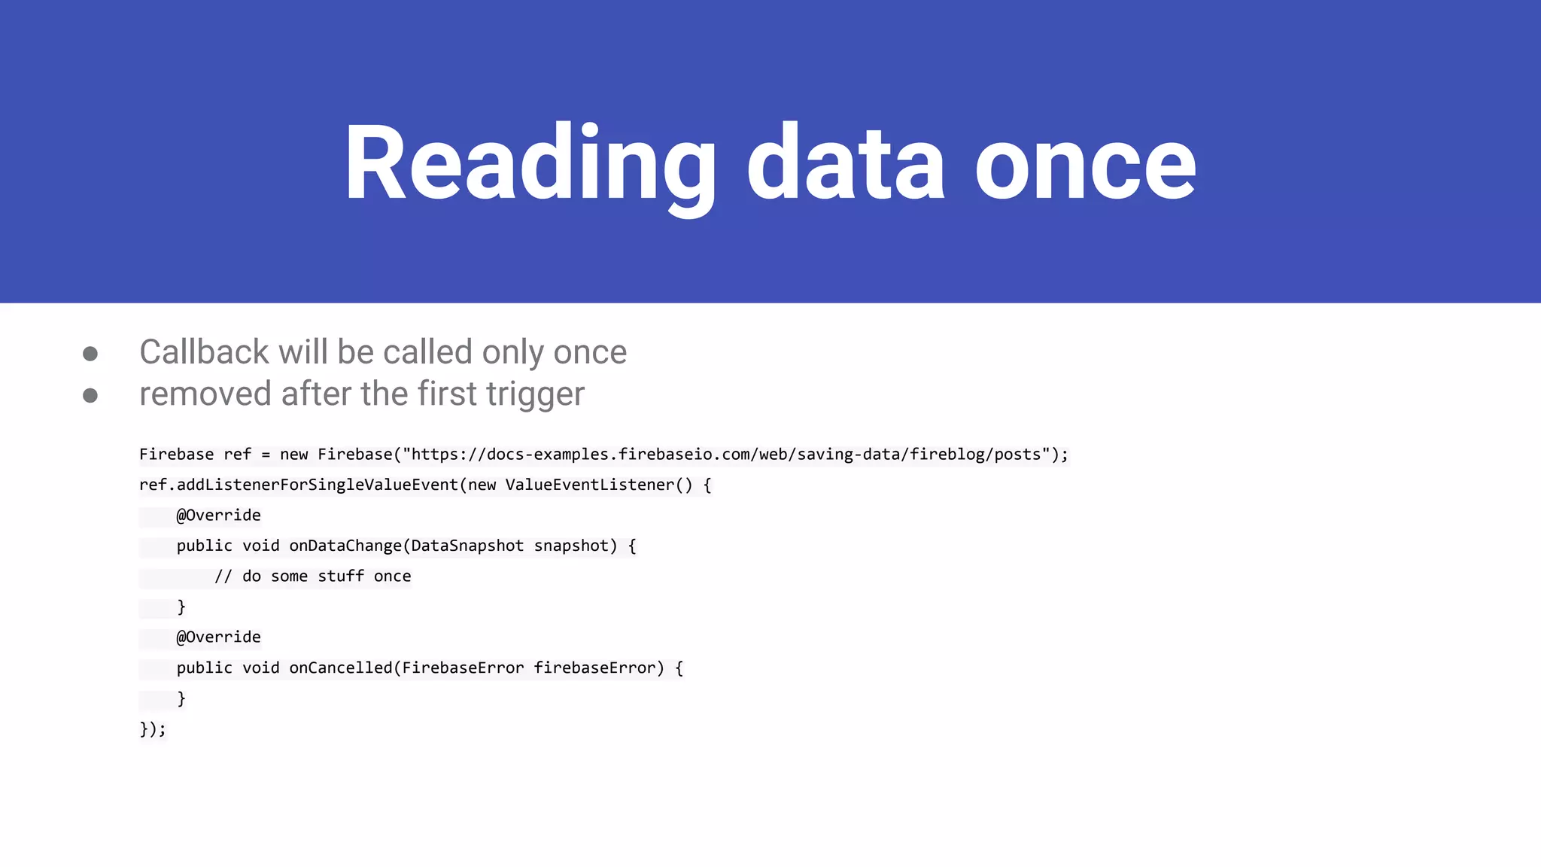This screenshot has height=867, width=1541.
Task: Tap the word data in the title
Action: (x=845, y=163)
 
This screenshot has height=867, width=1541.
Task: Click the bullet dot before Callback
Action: (x=90, y=353)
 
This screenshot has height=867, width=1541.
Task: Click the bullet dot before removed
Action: (x=90, y=395)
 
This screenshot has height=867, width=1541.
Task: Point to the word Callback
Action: (x=204, y=352)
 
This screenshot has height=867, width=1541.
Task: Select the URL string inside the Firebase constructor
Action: (x=726, y=455)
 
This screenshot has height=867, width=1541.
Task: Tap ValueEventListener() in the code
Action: (x=598, y=485)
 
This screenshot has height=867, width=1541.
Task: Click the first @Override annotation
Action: (x=218, y=516)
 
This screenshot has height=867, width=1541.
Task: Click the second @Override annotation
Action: (x=218, y=637)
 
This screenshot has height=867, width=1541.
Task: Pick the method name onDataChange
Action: (x=345, y=546)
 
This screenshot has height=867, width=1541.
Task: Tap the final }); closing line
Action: (x=152, y=729)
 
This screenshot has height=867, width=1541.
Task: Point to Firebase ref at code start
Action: (x=195, y=455)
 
